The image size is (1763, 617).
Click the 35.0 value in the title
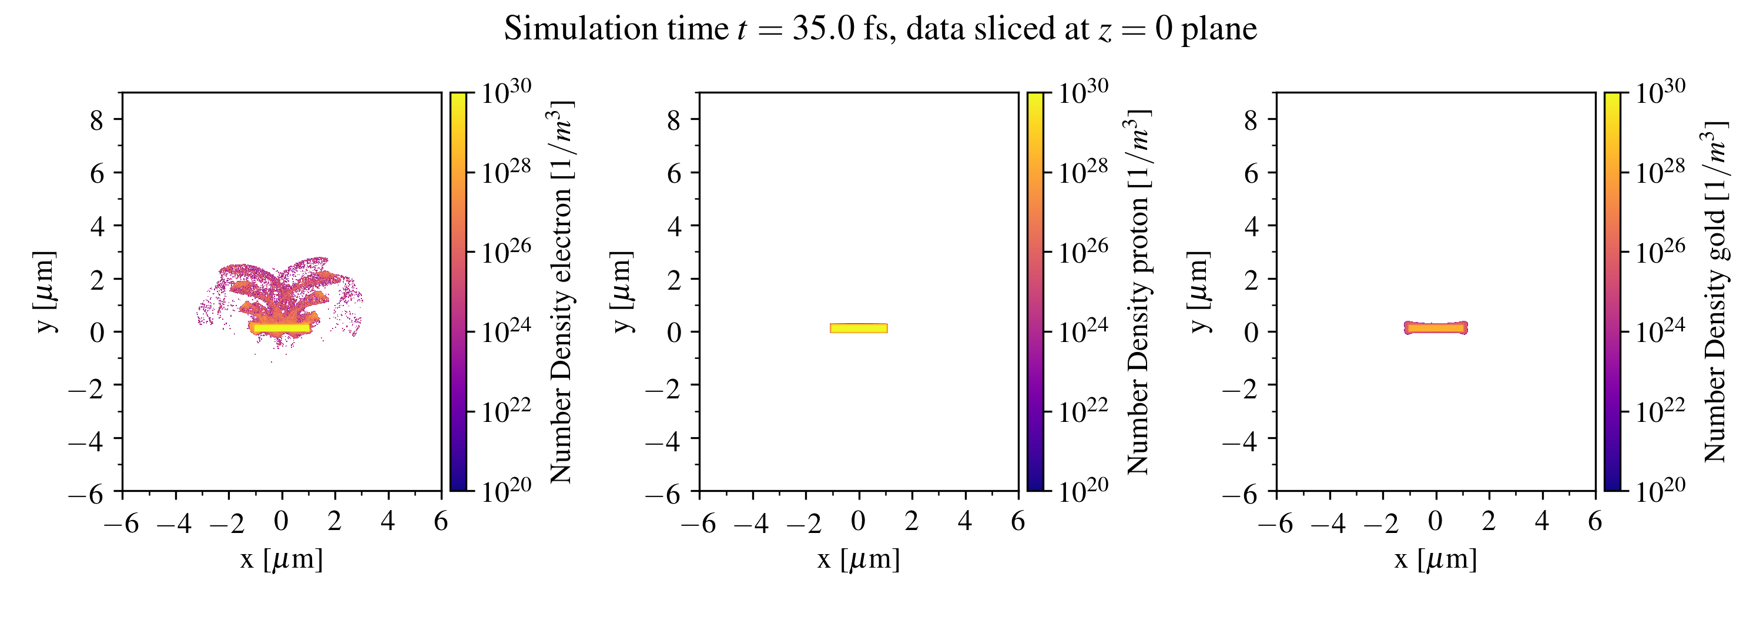click(823, 29)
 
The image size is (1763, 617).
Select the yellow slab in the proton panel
click(858, 328)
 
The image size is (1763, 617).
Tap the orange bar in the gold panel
click(1436, 328)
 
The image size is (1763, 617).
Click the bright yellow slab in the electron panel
click(280, 328)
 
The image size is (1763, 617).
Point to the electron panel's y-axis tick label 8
click(97, 120)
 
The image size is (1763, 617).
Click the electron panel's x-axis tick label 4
click(387, 522)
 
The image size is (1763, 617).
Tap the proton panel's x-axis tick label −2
click(803, 524)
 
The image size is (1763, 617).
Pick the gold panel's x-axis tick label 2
click(1489, 522)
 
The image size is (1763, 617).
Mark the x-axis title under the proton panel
click(858, 559)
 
